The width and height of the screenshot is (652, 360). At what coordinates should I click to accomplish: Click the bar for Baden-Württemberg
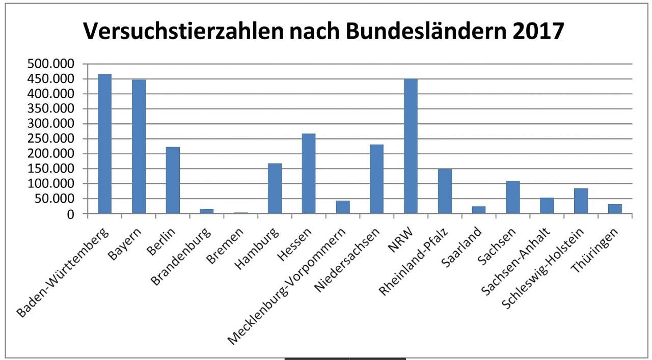click(104, 144)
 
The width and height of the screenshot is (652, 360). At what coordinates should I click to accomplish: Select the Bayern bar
click(139, 147)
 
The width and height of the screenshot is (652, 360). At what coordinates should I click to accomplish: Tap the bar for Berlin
click(173, 180)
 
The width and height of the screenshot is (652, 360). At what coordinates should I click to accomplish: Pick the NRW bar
click(411, 146)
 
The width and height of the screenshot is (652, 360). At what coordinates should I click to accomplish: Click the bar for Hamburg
click(275, 188)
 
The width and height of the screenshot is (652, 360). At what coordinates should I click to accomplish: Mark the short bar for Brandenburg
click(206, 211)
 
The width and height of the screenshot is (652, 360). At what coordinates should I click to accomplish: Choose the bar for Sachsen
click(512, 198)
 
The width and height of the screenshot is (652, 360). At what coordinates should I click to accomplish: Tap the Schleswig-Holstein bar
click(581, 201)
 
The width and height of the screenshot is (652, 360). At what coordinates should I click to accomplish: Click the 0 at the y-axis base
click(71, 214)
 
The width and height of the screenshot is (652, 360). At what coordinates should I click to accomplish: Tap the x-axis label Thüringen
click(603, 246)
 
